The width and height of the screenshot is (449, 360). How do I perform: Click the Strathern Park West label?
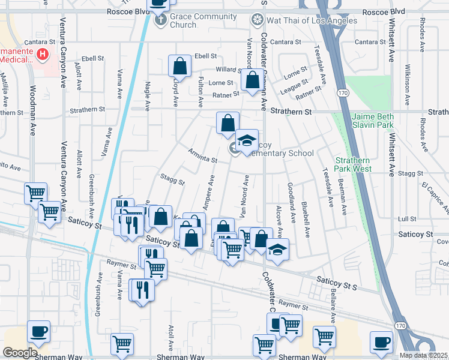tap(352, 164)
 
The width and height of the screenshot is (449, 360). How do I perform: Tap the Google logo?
tap(19, 353)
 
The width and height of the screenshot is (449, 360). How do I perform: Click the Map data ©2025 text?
tap(424, 355)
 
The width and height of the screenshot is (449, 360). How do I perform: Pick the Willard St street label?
tap(228, 70)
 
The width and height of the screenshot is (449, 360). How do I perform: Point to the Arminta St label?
tap(202, 155)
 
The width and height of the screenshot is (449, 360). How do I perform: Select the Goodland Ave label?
tap(291, 202)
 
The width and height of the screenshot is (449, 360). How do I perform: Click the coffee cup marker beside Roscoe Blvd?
tap(158, 4)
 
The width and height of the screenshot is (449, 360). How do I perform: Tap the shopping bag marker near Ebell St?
tap(180, 65)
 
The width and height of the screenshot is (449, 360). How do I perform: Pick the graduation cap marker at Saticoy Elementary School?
tap(246, 140)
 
